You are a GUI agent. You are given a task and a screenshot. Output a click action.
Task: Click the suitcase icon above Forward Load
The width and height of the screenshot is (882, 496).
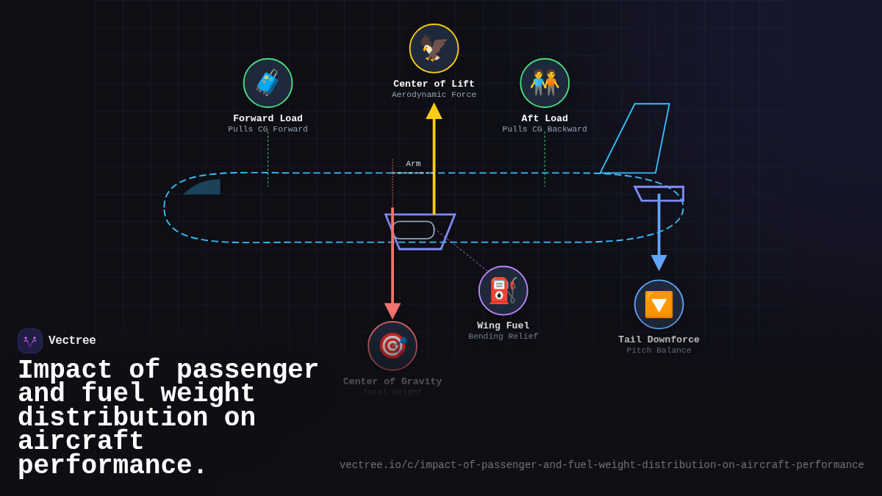(268, 83)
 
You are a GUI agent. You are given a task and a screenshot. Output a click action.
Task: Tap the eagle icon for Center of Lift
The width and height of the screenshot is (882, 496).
(434, 48)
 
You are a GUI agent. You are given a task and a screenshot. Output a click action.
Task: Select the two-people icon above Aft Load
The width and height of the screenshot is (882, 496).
(545, 83)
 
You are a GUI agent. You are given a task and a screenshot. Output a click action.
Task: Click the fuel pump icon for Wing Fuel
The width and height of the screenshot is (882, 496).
(503, 290)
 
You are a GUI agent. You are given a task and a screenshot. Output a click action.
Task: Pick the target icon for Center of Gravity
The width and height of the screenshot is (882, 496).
(392, 345)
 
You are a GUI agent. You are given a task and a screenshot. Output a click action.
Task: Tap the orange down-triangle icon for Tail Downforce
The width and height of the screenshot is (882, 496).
(659, 304)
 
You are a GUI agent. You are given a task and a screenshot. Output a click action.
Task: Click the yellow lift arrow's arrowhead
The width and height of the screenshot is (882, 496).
(434, 111)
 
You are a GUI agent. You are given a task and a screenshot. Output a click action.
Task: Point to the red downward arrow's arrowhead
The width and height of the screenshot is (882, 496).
(392, 310)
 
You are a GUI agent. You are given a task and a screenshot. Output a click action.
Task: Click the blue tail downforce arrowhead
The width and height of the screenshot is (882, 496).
(659, 262)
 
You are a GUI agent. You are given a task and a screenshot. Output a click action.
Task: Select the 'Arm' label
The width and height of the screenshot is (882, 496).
(413, 164)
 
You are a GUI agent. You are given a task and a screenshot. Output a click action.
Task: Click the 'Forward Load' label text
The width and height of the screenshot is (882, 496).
(268, 118)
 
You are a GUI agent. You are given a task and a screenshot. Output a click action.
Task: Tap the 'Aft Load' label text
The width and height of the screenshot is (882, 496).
(545, 118)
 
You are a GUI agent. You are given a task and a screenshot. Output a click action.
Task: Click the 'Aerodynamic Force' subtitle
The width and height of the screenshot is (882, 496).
(434, 95)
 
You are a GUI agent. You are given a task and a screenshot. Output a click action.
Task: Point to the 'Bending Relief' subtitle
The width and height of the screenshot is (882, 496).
(503, 337)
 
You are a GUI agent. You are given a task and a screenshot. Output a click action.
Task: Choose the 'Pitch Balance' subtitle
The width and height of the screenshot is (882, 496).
(659, 351)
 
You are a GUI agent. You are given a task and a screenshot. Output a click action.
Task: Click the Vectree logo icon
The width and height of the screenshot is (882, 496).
(30, 341)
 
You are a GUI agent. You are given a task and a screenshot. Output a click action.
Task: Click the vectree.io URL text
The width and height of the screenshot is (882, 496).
(601, 465)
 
